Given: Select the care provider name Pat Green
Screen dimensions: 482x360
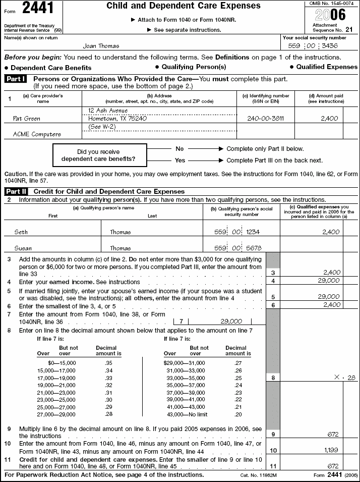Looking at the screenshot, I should pos(27,119).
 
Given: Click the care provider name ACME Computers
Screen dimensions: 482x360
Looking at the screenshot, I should pos(37,134).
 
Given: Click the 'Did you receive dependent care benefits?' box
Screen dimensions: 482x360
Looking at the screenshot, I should pos(100,155).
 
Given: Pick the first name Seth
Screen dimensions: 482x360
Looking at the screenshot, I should pos(21,232).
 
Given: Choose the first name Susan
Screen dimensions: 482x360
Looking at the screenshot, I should pos(23,248).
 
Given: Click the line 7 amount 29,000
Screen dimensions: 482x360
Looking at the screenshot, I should pos(231,321).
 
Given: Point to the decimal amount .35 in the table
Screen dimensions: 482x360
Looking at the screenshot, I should pos(108,362).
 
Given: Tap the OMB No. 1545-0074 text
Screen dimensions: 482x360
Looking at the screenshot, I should pos(332,4).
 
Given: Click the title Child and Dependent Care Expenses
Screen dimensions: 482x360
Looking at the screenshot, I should pos(184,6).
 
